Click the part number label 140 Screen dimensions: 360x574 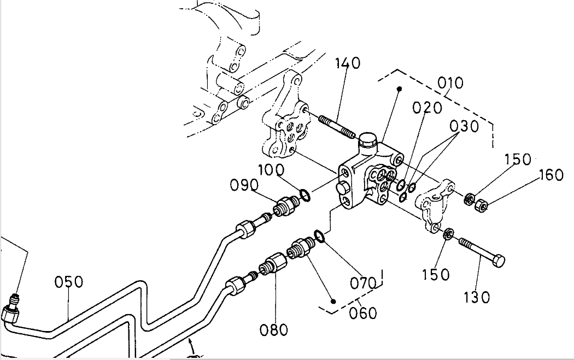(348, 63)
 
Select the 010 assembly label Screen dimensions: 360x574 (450, 83)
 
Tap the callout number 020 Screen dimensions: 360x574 (427, 108)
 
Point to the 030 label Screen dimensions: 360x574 (464, 126)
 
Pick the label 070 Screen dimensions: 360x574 (364, 284)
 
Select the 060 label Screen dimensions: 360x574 (362, 313)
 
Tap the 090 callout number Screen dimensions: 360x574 (244, 185)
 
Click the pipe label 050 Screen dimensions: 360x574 (69, 282)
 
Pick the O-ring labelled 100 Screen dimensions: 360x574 (304, 194)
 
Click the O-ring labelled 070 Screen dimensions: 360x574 (320, 236)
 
